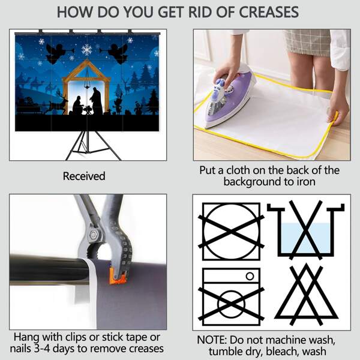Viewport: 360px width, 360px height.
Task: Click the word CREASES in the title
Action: tap(269, 12)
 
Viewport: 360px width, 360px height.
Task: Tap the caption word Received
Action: tap(84, 176)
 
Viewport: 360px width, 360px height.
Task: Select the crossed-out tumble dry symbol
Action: tap(231, 232)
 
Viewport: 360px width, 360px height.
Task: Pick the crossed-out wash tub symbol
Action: tap(305, 230)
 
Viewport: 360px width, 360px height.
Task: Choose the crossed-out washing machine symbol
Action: tap(231, 296)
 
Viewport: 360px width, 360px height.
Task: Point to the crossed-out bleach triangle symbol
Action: tap(306, 295)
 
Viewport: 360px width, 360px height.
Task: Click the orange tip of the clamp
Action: tap(118, 277)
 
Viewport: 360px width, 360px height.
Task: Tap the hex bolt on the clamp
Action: tap(94, 235)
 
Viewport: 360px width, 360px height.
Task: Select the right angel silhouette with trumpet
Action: tap(116, 53)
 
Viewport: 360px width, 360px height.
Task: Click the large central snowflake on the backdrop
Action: tap(87, 50)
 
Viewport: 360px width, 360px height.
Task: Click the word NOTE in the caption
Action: tap(211, 340)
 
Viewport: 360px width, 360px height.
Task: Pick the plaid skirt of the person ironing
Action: tap(308, 43)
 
